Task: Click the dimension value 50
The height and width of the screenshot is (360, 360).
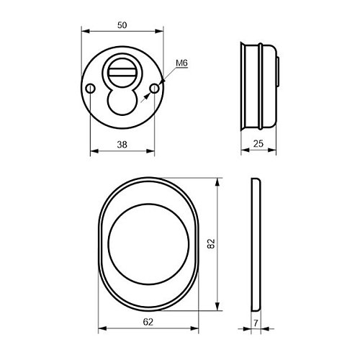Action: (x=122, y=25)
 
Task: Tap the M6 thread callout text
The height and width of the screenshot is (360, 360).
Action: (x=181, y=63)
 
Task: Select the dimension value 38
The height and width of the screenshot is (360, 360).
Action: (x=122, y=145)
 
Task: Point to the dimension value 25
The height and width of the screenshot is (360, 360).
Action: (x=258, y=144)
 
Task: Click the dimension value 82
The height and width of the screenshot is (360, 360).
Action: (x=211, y=244)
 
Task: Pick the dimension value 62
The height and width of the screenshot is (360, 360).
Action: (x=148, y=322)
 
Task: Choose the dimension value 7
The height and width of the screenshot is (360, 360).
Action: (x=256, y=323)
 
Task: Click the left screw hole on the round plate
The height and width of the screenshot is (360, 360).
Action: (x=91, y=89)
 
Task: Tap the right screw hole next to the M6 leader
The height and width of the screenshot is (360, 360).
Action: (x=154, y=89)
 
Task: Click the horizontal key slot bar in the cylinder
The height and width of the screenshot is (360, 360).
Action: (x=122, y=72)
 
